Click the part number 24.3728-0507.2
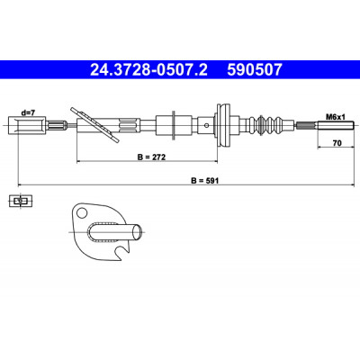[148, 70]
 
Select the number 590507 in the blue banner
[255, 70]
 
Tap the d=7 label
[28, 112]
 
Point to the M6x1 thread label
[336, 117]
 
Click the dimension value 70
[337, 143]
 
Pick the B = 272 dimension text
[151, 157]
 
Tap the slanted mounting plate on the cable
[94, 125]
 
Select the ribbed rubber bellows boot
[269, 125]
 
